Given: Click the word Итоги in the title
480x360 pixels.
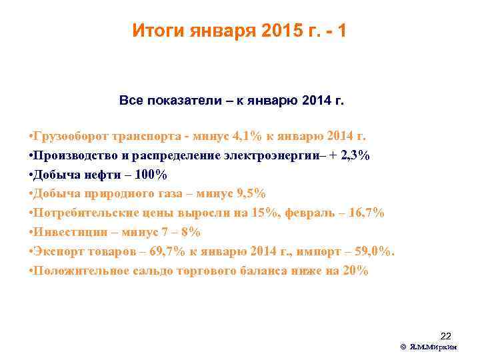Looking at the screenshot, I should tap(157, 31).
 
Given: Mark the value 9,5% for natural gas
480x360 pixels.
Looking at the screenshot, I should tap(250, 194).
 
